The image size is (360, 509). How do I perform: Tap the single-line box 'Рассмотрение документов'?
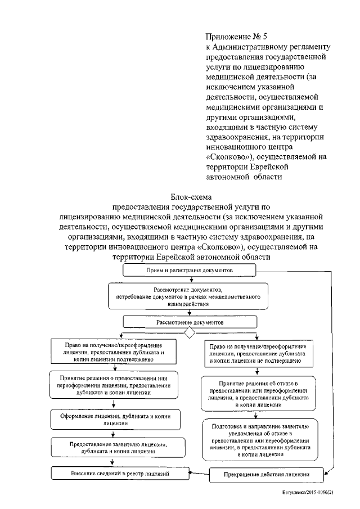point(190,323)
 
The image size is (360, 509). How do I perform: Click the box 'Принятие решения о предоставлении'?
point(113,384)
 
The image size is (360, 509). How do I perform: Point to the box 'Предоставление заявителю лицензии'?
point(113,447)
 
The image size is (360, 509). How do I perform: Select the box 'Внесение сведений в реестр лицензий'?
point(113,475)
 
